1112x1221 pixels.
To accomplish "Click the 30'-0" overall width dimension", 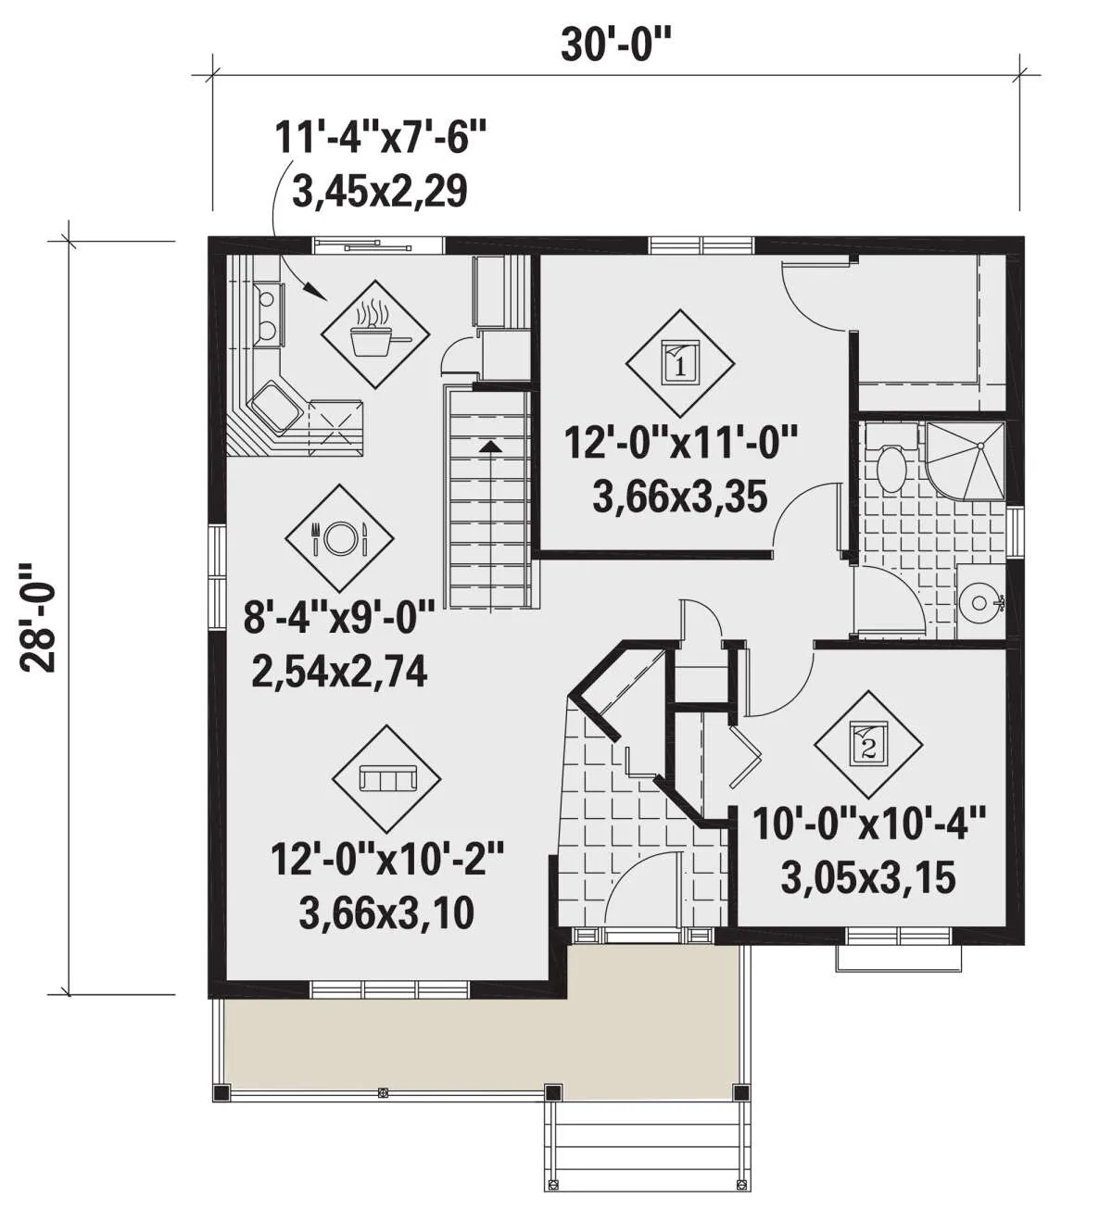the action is coord(616,45).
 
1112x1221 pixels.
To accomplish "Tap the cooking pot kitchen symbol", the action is coord(375,334).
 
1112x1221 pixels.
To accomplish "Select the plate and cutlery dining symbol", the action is coord(339,538).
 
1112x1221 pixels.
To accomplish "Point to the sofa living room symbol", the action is coord(386,779).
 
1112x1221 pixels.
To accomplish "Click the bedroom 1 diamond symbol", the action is coord(679,363).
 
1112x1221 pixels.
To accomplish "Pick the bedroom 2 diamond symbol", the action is coord(868,745).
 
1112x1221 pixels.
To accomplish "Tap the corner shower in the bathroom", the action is coord(965,460).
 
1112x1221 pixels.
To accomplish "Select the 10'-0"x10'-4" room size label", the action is coord(868,824).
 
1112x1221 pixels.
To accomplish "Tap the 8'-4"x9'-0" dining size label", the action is coord(339,617).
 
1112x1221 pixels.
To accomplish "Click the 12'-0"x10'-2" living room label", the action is coord(387,858).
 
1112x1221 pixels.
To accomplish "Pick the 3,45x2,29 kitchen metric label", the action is coord(380,191).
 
